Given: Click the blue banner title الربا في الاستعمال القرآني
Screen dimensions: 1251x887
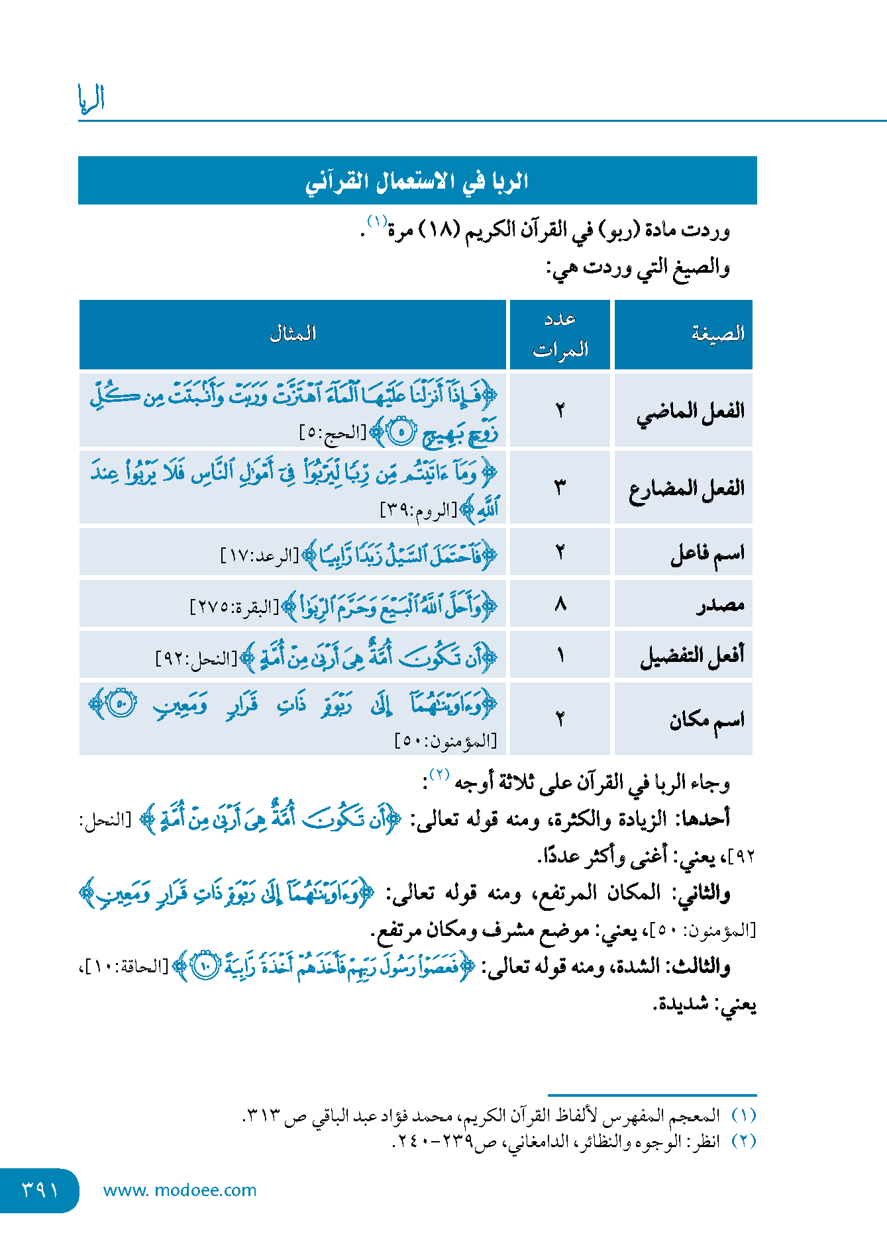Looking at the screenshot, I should point(417,181).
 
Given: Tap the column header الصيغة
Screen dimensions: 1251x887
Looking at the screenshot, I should point(718,334).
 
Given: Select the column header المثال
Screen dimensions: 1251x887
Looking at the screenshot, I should point(293,334).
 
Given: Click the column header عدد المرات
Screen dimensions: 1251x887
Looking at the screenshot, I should point(560,334).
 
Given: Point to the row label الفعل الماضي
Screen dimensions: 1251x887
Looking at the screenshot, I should point(690,412).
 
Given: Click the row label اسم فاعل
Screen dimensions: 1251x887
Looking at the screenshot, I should point(707,553).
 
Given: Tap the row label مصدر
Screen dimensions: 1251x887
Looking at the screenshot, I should point(720,604).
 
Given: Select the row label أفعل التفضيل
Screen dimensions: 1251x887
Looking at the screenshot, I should point(692,655).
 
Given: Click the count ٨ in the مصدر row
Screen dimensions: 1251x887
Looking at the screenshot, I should point(560,604).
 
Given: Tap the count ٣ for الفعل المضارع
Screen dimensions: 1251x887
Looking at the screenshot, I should point(560,488).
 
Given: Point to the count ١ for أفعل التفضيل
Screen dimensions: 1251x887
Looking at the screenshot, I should point(560,655).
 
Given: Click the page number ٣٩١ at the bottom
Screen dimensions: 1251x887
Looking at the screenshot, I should point(40,1190).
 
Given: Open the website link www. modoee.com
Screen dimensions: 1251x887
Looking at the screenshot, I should point(180,1190).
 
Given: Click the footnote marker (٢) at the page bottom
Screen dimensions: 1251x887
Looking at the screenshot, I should point(744,1141).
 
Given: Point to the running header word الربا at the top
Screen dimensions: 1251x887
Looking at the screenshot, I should point(91,99).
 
